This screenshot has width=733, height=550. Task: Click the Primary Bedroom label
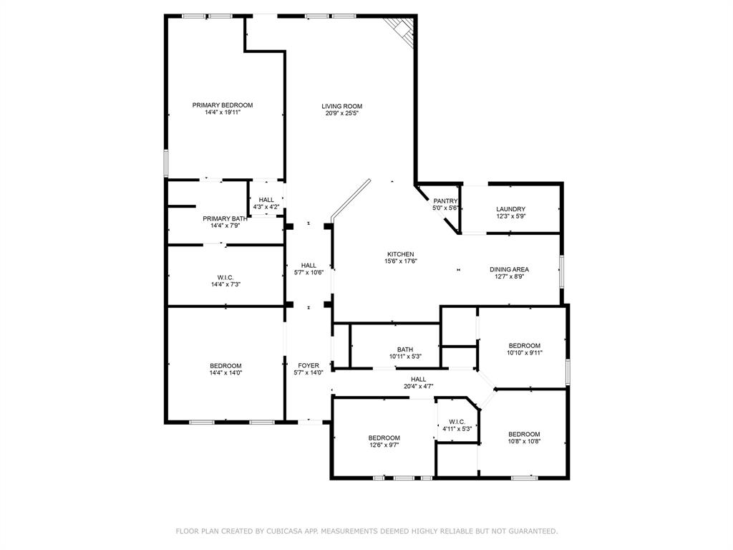point(223,105)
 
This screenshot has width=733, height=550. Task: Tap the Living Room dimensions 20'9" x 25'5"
point(341,113)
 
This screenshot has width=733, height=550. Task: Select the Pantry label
point(445,201)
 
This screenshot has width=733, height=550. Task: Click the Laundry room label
point(510,209)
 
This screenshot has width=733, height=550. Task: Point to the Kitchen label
point(400,254)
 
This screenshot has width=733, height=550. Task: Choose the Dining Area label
point(509,269)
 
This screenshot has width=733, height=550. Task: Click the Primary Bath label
point(225,218)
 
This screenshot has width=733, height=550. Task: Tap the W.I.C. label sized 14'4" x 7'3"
point(225,277)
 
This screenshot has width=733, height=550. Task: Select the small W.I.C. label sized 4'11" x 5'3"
point(457,422)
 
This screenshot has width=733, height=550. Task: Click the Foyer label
point(309,365)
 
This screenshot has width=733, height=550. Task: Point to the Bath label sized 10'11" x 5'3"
point(405,349)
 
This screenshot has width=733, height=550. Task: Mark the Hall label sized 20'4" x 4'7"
point(419,380)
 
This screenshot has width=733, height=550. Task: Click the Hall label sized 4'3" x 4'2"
point(266,200)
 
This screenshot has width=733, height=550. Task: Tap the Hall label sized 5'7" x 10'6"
point(309,265)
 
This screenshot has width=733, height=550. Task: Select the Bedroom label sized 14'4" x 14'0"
point(225,365)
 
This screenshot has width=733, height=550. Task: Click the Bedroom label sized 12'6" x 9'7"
point(384,438)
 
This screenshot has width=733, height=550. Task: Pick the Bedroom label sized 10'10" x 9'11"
point(524,345)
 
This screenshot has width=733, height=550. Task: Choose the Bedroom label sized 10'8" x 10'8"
point(524,434)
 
